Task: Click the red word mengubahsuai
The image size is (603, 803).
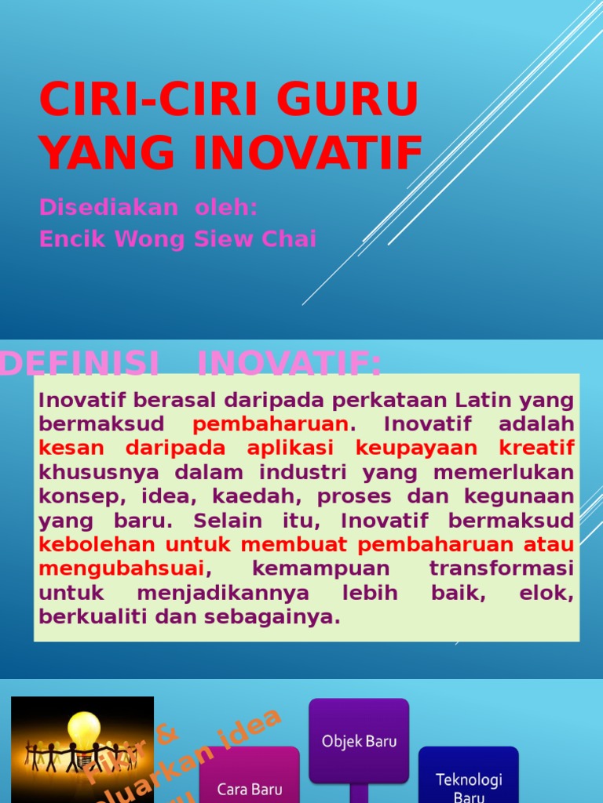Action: [122, 568]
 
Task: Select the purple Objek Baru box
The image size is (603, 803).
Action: [359, 740]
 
